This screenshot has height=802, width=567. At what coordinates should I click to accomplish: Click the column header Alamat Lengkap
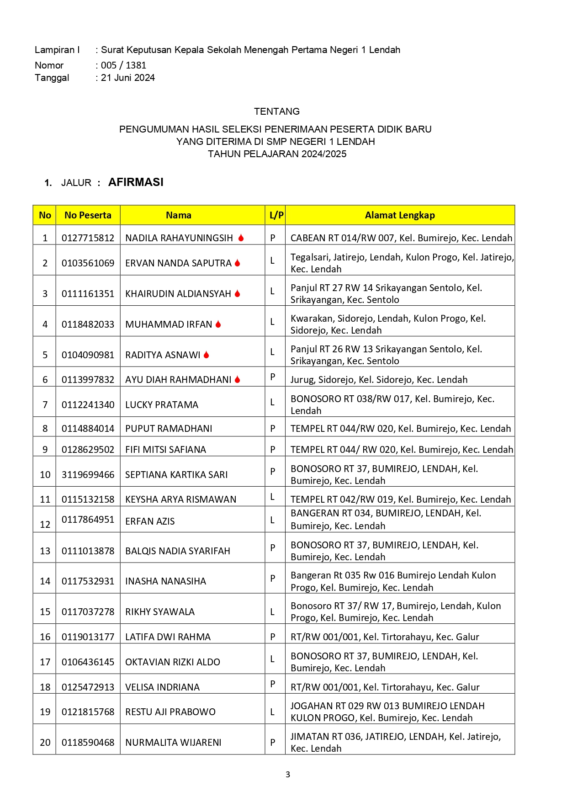pyautogui.click(x=400, y=215)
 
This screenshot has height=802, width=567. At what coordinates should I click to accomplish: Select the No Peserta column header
pyautogui.click(x=88, y=215)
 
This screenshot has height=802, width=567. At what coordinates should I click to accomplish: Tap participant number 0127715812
pyautogui.click(x=88, y=238)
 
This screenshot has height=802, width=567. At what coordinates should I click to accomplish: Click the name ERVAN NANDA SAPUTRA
pyautogui.click(x=178, y=263)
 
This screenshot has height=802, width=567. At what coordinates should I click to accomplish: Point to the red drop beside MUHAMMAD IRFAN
pyautogui.click(x=218, y=324)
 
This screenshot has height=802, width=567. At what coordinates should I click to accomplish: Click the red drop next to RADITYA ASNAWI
pyautogui.click(x=207, y=355)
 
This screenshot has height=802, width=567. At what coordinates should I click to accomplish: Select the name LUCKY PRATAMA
pyautogui.click(x=162, y=405)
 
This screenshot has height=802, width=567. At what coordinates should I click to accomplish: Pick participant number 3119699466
pyautogui.click(x=88, y=475)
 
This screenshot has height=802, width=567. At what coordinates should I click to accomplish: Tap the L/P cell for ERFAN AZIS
pyautogui.click(x=273, y=520)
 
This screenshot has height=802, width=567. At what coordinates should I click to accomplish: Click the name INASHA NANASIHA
pyautogui.click(x=165, y=581)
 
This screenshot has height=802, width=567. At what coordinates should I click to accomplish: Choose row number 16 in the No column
pyautogui.click(x=45, y=637)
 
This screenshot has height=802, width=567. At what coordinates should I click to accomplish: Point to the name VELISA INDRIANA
pyautogui.click(x=162, y=687)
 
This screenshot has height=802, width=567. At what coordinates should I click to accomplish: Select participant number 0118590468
pyautogui.click(x=88, y=743)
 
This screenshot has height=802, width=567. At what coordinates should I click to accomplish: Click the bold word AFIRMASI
pyautogui.click(x=136, y=182)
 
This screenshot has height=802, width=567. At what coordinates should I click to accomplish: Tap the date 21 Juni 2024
pyautogui.click(x=128, y=78)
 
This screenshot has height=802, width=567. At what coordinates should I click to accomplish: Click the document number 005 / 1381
pyautogui.click(x=123, y=65)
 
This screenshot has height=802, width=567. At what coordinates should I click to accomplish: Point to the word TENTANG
pyautogui.click(x=277, y=112)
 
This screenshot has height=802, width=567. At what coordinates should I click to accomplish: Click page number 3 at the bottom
pyautogui.click(x=287, y=775)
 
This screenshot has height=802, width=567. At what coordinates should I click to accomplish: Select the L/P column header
pyautogui.click(x=276, y=215)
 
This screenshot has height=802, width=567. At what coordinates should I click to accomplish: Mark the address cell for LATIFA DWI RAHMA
pyautogui.click(x=385, y=637)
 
